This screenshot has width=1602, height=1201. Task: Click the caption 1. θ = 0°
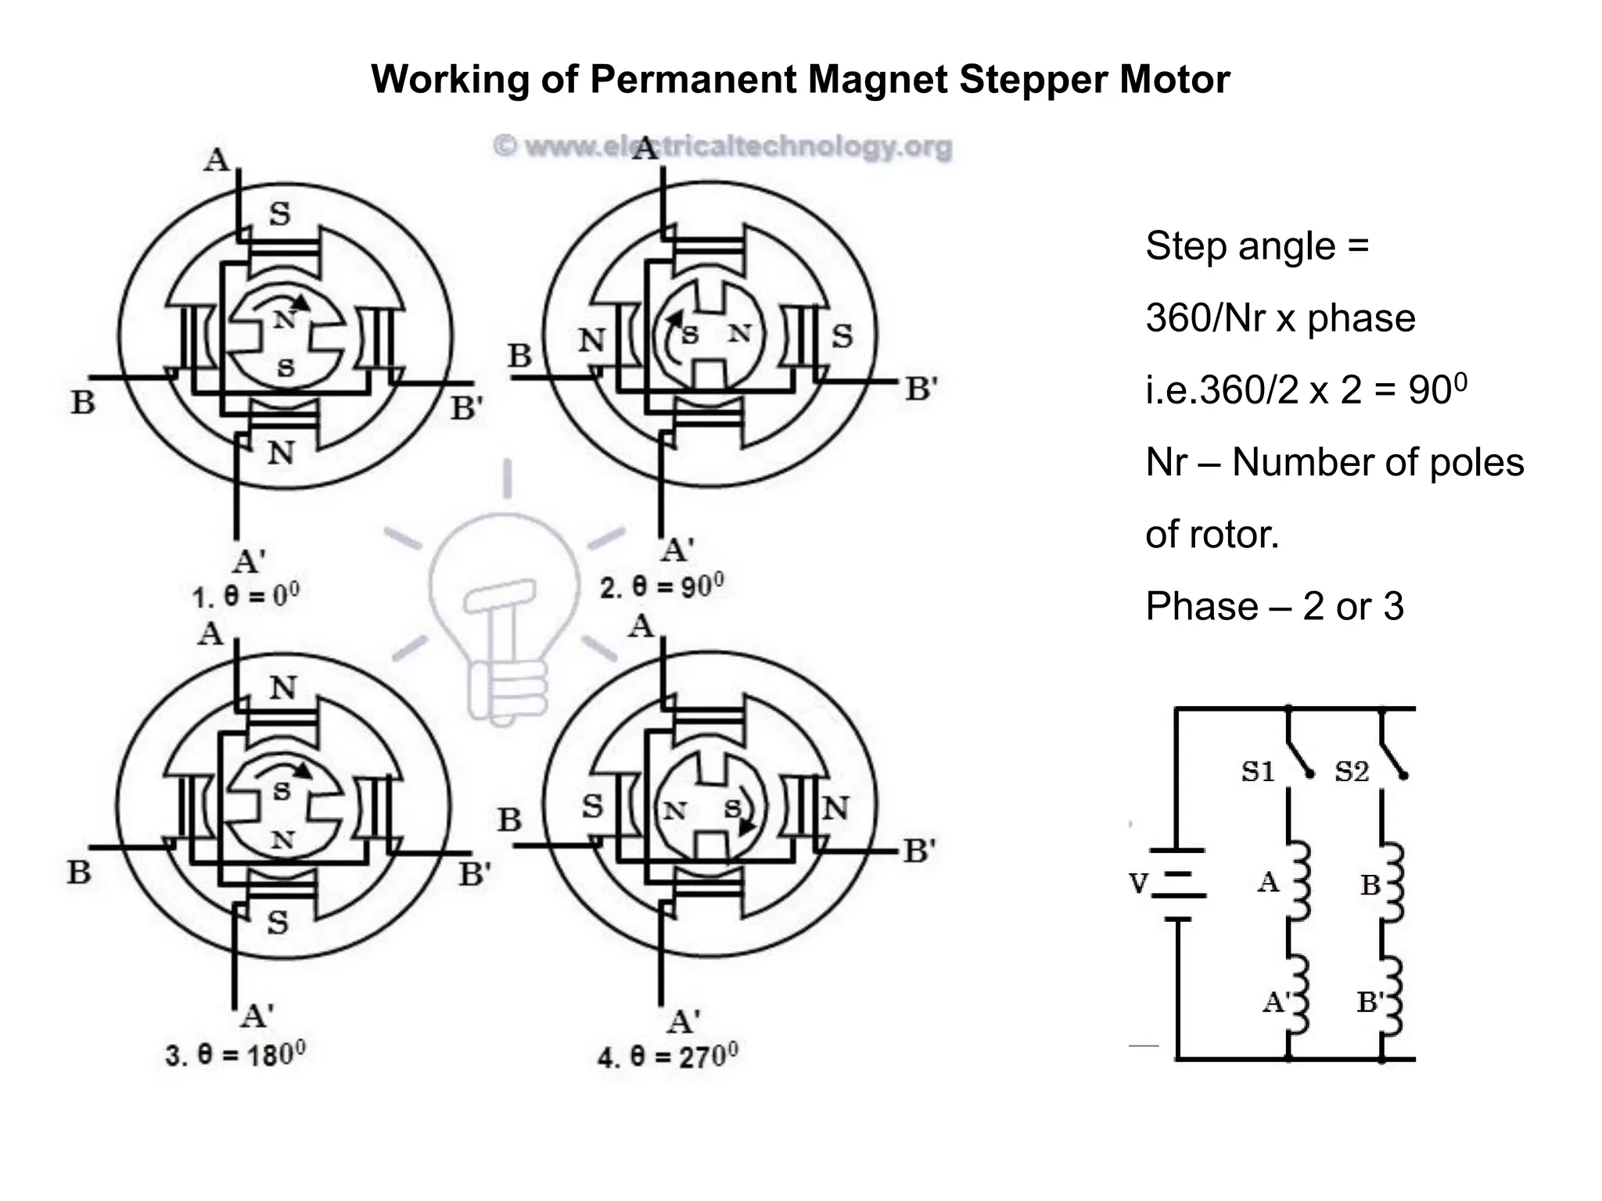coord(246,597)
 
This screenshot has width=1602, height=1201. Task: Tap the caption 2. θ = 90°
coord(662,586)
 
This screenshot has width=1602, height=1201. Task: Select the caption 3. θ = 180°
coord(235,1055)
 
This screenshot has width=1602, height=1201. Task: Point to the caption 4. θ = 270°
coord(667,1058)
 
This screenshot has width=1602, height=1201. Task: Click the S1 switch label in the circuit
coord(1258,772)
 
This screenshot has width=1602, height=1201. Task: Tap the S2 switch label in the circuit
coord(1352,772)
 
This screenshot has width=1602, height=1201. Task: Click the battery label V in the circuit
coord(1139,884)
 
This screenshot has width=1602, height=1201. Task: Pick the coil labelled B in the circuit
coord(1392,884)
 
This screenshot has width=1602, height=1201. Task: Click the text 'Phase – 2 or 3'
coord(1274,607)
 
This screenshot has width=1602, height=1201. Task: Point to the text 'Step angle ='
coord(1257,246)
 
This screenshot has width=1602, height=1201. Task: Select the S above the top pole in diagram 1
coord(279,213)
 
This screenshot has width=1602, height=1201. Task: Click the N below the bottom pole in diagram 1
coord(281,453)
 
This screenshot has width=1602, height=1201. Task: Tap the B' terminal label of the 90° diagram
coord(921,389)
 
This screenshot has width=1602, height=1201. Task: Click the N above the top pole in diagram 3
coord(283,688)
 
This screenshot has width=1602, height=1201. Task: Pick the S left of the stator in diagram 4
coord(592,806)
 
